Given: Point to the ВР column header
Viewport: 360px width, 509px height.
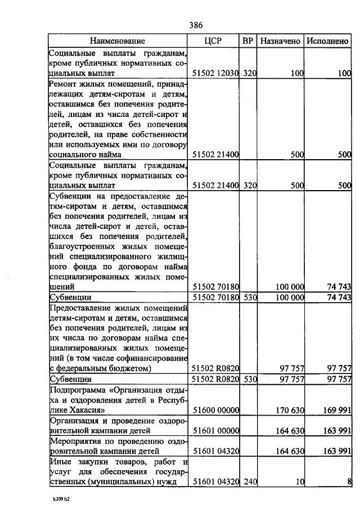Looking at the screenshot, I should [x=247, y=41].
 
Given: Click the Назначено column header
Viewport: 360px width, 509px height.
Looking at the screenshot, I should [x=280, y=41].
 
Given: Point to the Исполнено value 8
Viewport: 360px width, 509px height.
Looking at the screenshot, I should [x=349, y=482].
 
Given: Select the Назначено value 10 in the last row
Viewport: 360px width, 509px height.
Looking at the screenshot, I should [x=300, y=482].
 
